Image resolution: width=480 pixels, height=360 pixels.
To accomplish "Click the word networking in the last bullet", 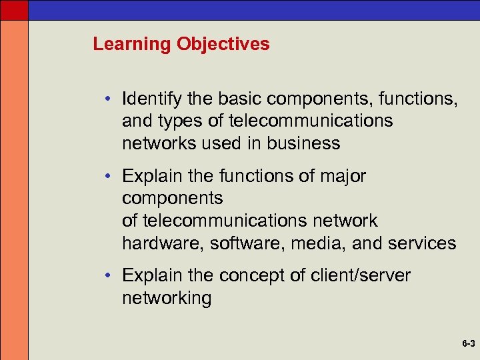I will [x=167, y=298].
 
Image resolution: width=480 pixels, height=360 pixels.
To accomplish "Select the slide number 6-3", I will [x=467, y=345].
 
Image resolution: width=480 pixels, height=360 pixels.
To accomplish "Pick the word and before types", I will [x=137, y=121].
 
